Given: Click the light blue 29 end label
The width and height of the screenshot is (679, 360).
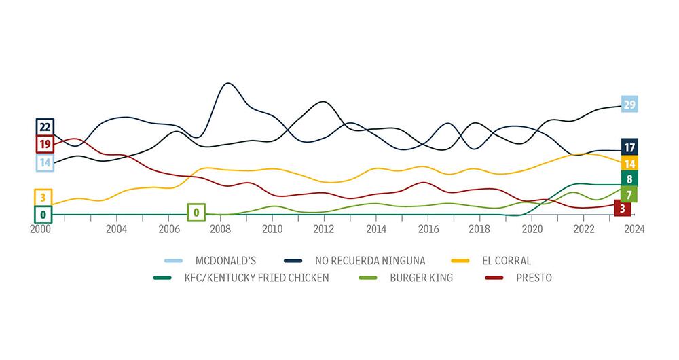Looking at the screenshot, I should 629,104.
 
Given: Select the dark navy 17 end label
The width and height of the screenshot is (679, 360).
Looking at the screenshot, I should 629,147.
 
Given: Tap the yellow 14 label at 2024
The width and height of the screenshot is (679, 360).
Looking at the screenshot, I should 629,164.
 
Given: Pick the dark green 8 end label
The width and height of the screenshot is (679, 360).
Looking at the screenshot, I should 629,179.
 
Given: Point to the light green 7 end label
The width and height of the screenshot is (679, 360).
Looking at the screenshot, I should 629,195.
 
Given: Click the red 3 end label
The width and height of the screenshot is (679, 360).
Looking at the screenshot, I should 622,208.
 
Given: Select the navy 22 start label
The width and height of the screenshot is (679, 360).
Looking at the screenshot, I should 45,127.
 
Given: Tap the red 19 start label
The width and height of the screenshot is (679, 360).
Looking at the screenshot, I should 45,144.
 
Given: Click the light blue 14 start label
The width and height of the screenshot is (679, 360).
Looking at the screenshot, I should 45,162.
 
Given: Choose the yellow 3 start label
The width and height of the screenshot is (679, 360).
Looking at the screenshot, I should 43,198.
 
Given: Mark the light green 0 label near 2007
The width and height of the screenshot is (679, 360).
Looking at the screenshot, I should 196,213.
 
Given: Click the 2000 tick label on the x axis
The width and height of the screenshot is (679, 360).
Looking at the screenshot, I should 40,229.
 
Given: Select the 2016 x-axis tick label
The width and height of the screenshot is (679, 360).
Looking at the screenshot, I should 428,229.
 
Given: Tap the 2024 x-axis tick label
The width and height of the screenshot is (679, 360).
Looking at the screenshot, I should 635,229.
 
